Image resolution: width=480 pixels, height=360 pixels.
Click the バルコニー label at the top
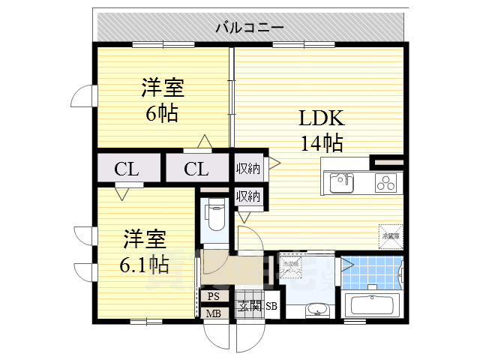250,28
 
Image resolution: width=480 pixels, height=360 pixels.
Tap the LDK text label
322,118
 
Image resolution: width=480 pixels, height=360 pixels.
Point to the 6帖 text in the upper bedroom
162,113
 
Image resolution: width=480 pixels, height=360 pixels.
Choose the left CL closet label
127,169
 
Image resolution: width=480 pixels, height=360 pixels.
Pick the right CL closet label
196,169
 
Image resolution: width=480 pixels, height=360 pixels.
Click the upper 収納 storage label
248,169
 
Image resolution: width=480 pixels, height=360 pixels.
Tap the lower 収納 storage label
248,196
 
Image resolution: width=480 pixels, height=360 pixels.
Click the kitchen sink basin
340,181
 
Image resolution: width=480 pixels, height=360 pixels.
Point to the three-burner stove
387,181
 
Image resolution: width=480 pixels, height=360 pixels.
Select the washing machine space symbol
290,265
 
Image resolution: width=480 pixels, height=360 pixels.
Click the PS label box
213,296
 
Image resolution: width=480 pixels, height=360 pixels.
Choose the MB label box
213,313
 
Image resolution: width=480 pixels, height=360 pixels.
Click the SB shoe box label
271,306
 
